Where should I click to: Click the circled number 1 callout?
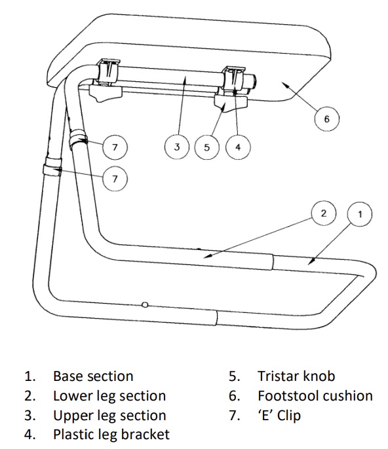[x=359, y=213]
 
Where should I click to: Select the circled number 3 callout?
[x=177, y=147]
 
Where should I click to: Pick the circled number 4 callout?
[x=238, y=147]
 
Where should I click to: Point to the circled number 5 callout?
[x=207, y=147]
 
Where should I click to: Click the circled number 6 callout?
[x=327, y=119]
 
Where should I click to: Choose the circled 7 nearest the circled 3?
[x=115, y=147]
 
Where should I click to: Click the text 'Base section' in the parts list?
[x=93, y=376]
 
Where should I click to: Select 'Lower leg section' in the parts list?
[x=109, y=396]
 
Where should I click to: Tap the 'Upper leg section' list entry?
[x=109, y=416]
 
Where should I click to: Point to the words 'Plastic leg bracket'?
[x=111, y=435]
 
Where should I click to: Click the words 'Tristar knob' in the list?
[x=296, y=376]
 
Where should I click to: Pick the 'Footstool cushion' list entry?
[x=315, y=396]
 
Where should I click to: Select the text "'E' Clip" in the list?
[x=280, y=416]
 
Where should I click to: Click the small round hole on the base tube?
[x=145, y=304]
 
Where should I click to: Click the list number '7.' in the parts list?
[x=233, y=416]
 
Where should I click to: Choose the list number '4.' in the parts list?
[x=29, y=435]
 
